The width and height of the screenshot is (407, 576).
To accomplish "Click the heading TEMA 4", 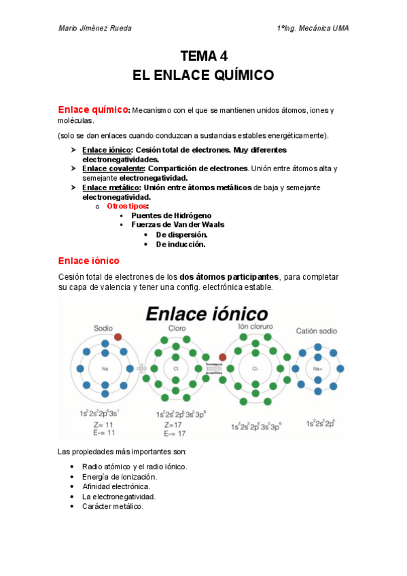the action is [203, 56].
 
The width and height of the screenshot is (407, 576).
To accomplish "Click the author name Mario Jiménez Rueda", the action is [94, 29].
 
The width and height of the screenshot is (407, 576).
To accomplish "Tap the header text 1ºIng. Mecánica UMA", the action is [313, 29].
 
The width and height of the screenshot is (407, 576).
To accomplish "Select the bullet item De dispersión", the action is [181, 234].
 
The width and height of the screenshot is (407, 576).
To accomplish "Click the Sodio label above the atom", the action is [103, 327].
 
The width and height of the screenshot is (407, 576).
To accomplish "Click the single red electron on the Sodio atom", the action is [118, 337].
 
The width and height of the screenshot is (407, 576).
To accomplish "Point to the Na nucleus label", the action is [105, 369].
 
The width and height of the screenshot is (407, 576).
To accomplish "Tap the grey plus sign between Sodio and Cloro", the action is [143, 369].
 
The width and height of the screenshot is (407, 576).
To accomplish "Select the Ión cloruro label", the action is [255, 327].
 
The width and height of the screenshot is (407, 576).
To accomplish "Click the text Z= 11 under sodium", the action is [104, 425].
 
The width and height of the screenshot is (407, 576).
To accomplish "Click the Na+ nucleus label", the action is [317, 369].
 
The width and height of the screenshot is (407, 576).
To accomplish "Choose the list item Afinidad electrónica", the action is [116, 486].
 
